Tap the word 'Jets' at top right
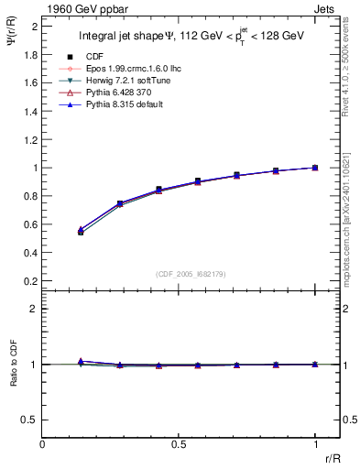coord(326,7)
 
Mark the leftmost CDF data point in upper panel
coord(81,233)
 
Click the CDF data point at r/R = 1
coord(315,168)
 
